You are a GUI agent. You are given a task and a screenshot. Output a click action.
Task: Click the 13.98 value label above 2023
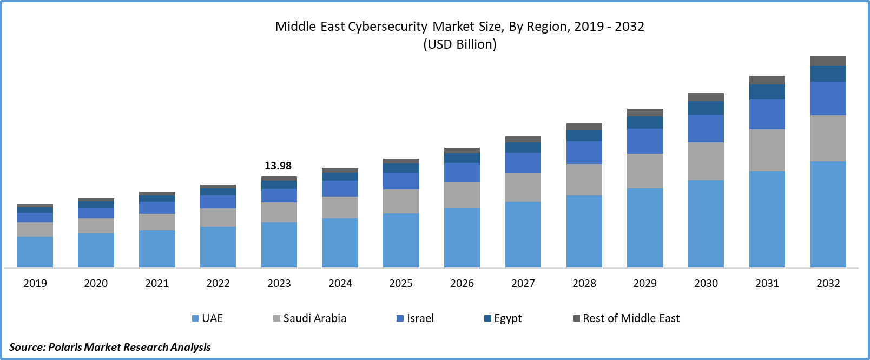click(278, 166)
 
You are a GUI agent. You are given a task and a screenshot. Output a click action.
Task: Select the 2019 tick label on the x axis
click(35, 283)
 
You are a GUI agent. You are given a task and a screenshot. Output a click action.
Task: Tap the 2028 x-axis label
click(584, 283)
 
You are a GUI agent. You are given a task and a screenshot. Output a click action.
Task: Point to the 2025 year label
click(401, 283)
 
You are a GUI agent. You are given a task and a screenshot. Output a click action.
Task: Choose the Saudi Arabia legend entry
click(310, 318)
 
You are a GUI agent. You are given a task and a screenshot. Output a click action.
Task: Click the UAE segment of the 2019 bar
click(35, 252)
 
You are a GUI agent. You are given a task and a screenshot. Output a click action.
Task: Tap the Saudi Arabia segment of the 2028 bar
click(584, 180)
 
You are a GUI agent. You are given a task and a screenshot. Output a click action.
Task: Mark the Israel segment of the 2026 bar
click(462, 172)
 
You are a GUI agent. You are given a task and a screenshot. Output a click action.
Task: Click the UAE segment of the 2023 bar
click(279, 245)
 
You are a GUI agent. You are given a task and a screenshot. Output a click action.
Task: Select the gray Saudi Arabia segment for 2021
click(157, 222)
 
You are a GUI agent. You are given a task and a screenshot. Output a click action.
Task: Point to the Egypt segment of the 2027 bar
click(523, 147)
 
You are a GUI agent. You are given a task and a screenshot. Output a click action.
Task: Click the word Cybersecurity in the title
click(387, 27)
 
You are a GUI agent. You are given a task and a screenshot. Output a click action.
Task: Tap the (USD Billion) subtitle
click(460, 44)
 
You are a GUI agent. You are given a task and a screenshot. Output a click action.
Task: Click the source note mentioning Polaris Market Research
click(110, 347)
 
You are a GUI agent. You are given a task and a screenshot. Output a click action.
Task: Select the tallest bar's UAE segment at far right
click(828, 214)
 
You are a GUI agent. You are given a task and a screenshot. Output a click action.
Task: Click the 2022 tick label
click(218, 283)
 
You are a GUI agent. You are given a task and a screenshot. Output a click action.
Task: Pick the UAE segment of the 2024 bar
click(340, 243)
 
